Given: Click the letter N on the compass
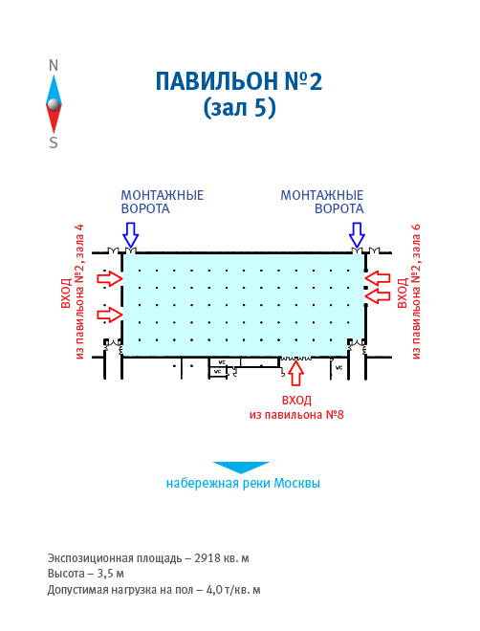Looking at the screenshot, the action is (x=54, y=65).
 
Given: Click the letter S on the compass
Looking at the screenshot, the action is (x=54, y=142).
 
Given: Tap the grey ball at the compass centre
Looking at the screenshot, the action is (x=54, y=104).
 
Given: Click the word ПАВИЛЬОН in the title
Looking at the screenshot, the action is (x=216, y=81).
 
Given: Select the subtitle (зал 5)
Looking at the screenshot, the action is (x=239, y=107).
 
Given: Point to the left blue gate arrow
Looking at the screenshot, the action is (x=131, y=234).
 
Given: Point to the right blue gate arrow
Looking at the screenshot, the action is (x=357, y=234).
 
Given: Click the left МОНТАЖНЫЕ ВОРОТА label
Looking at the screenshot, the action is (x=163, y=202).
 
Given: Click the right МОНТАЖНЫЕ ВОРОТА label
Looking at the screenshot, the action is (x=322, y=202).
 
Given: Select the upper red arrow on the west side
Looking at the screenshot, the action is (x=110, y=278).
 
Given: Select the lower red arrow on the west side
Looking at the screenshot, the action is (x=110, y=315).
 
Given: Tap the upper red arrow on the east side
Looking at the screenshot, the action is (x=378, y=278).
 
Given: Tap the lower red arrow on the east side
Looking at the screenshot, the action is (x=378, y=295).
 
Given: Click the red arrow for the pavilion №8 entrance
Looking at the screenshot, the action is (x=296, y=373).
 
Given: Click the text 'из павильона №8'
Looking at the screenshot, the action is (x=296, y=415).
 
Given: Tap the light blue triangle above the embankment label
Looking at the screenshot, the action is (x=241, y=467).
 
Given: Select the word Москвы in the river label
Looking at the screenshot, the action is (x=297, y=483).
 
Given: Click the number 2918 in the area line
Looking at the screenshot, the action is (x=207, y=558).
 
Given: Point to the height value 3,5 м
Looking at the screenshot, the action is (x=110, y=574).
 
